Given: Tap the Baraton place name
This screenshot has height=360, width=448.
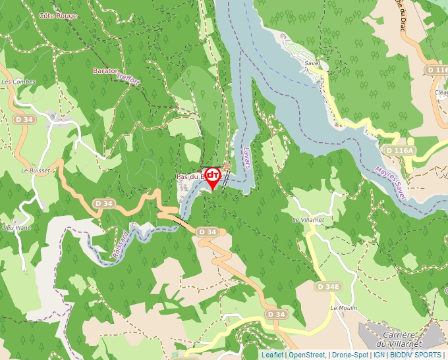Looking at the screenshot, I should tap(106, 70).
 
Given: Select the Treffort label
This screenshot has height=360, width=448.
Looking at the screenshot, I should tap(129, 79).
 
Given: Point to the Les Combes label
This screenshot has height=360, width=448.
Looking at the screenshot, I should tap(18, 82).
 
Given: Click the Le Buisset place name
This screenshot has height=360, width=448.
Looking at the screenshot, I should tap(35, 170).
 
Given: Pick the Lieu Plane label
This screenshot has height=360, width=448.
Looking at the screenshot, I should tap(17, 227).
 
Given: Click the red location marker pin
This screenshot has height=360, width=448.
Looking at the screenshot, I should tap(213, 178).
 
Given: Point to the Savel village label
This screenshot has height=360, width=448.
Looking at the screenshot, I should tap(312, 63).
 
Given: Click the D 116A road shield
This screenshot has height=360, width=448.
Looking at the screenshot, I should tap(400, 151).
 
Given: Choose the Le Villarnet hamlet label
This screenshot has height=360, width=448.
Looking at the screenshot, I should tap(308, 219).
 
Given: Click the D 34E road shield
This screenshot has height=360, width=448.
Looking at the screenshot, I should tap(328, 287).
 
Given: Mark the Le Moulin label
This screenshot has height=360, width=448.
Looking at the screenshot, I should tap(343, 307).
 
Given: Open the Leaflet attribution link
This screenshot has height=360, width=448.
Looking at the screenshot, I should tap(272, 355).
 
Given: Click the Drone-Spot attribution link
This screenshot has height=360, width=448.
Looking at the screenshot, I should tap(350, 355).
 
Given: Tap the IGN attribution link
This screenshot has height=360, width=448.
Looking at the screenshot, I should tap(379, 355).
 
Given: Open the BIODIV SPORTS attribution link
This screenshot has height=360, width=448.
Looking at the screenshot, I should tap(415, 355).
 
